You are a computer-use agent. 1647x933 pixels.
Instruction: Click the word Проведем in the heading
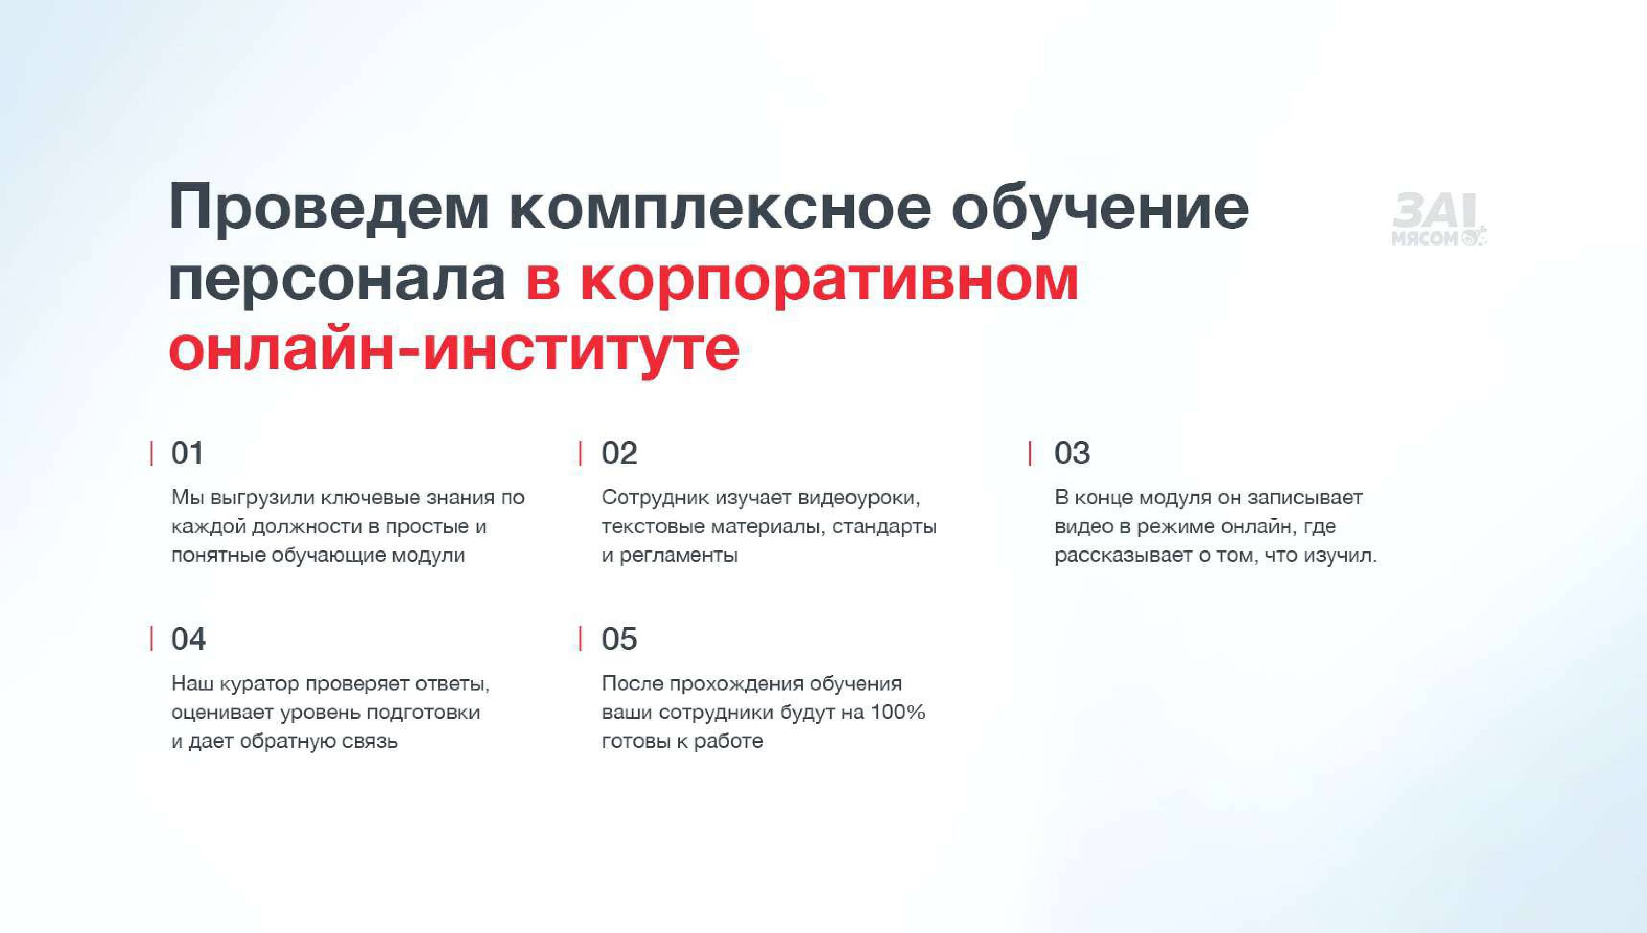(329, 209)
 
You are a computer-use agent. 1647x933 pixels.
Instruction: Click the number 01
(187, 454)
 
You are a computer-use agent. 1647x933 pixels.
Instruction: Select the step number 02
(619, 454)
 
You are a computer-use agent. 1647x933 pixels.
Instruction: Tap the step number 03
(1072, 454)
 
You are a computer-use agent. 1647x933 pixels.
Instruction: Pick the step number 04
(188, 639)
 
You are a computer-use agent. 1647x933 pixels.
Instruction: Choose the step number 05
(619, 639)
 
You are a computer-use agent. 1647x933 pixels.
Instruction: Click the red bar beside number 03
(1030, 454)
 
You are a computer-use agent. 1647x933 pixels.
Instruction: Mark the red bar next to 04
(151, 639)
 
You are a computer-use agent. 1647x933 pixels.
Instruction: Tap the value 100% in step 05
(898, 713)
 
